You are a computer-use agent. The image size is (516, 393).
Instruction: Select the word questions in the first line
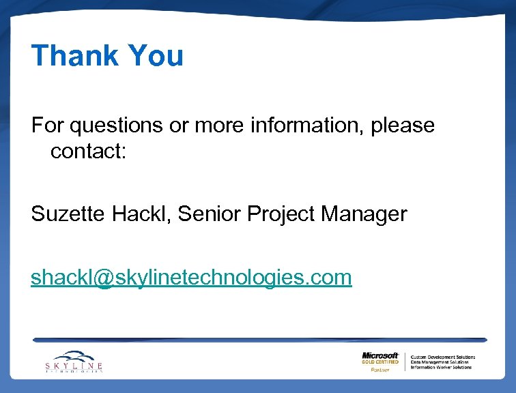(110, 126)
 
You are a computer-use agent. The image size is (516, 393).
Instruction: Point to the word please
(403, 126)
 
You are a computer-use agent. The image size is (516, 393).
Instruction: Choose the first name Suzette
(66, 214)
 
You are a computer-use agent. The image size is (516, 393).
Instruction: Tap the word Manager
(364, 215)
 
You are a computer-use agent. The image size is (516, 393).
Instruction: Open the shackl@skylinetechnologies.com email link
(191, 277)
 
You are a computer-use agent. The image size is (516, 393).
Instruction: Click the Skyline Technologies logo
(74, 361)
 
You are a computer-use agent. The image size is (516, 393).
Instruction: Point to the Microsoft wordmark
(380, 355)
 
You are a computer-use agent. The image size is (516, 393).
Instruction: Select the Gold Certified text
(380, 362)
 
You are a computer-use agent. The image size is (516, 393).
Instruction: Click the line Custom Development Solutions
(442, 357)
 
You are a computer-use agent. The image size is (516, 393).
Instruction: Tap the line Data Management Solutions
(440, 362)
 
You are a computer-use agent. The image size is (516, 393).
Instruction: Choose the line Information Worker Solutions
(441, 367)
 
